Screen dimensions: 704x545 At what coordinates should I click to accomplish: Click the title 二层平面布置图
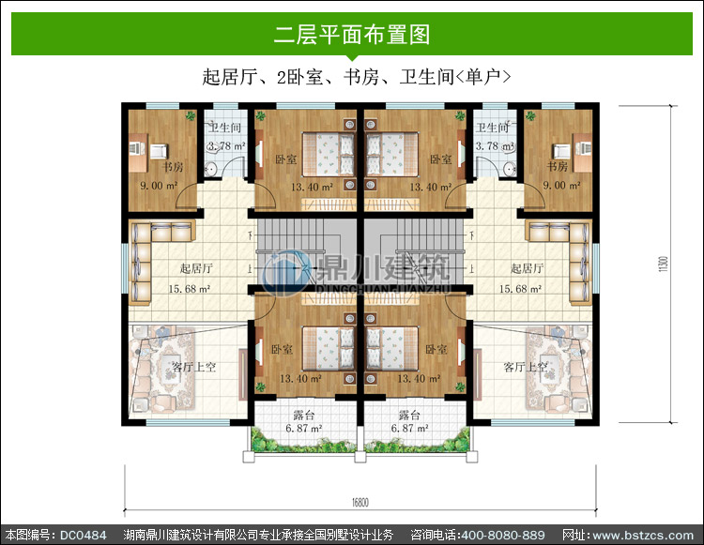click(352, 35)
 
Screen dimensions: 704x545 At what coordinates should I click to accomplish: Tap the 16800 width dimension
click(360, 502)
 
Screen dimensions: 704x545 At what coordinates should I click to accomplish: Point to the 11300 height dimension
click(664, 264)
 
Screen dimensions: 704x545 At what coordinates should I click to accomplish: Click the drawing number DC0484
click(83, 535)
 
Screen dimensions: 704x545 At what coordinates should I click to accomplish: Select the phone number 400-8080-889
click(503, 535)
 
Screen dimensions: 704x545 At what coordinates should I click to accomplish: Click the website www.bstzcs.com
click(643, 535)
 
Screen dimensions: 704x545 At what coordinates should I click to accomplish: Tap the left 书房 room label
click(173, 167)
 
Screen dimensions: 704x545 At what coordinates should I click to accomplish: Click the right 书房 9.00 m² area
click(561, 185)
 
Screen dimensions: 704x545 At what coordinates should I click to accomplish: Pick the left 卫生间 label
click(225, 128)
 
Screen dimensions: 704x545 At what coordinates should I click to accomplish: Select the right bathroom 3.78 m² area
click(495, 145)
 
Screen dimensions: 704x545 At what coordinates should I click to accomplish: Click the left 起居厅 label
click(196, 268)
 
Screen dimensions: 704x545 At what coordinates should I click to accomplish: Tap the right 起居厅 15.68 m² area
click(520, 289)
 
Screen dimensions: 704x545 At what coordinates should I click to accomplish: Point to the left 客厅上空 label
click(194, 368)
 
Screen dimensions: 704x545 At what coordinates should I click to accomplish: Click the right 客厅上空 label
click(526, 368)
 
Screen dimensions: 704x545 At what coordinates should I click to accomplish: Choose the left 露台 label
click(304, 415)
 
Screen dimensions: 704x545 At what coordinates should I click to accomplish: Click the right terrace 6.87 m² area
click(409, 429)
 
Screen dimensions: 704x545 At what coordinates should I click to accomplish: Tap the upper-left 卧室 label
click(286, 159)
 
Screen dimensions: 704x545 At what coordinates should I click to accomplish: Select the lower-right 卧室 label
click(436, 349)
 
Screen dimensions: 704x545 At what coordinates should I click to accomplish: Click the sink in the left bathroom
click(211, 169)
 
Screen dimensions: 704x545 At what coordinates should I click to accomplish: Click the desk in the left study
click(138, 153)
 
